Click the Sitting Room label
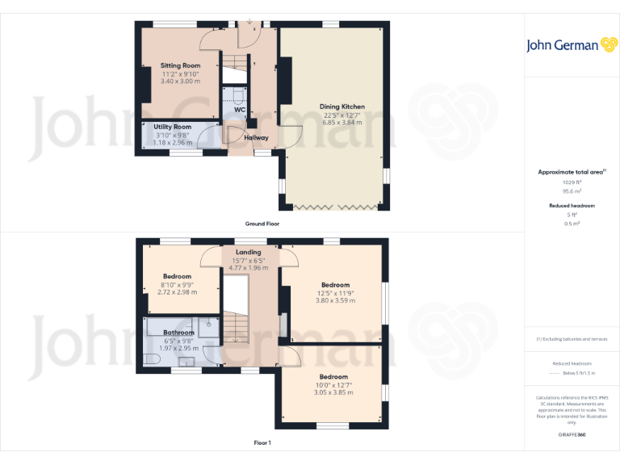(x=179, y=65)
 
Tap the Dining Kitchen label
(x=342, y=106)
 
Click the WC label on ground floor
(x=240, y=110)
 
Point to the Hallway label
(x=257, y=138)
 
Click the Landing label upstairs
(x=249, y=252)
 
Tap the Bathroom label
(x=178, y=333)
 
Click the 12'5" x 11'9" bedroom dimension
(x=335, y=293)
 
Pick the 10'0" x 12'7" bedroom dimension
(x=333, y=385)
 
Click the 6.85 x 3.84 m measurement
(x=342, y=122)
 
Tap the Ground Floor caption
(x=262, y=224)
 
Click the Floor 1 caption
(x=262, y=442)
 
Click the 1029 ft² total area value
(x=572, y=182)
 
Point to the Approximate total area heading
(x=570, y=172)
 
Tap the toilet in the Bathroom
(x=152, y=358)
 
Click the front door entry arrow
(x=249, y=22)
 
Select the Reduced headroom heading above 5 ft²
(x=572, y=206)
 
